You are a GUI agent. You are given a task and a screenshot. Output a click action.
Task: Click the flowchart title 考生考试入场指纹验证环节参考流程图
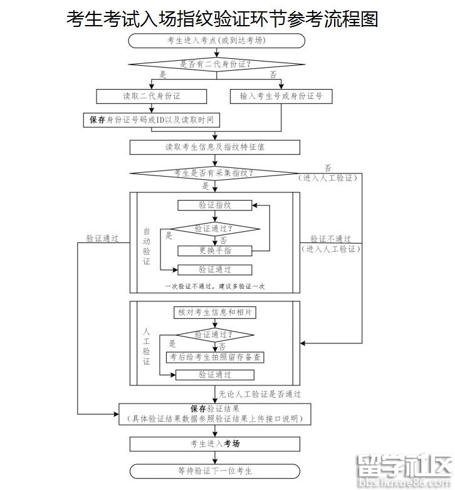(222, 19)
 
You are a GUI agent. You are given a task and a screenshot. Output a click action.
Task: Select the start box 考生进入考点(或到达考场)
(216, 41)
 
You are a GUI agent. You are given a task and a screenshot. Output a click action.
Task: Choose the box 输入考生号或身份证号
(281, 96)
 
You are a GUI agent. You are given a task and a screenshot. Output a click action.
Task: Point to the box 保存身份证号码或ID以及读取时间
(152, 120)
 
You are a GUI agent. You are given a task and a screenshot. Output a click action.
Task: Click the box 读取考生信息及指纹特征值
(215, 147)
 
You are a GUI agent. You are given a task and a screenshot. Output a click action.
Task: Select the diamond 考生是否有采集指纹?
(214, 173)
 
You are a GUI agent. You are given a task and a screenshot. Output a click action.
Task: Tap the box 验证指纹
(215, 205)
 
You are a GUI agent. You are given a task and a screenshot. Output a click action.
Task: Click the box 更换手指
(215, 251)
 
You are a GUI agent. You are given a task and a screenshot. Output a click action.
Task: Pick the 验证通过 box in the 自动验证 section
(215, 270)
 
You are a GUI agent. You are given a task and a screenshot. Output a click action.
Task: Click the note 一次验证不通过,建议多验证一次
(215, 286)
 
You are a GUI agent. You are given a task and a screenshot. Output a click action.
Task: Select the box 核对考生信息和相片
(215, 312)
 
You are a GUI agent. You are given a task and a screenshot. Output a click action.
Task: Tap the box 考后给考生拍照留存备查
(215, 357)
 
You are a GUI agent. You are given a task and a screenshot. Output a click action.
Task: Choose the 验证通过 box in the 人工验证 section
(215, 375)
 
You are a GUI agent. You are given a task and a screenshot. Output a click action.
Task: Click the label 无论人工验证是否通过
(260, 395)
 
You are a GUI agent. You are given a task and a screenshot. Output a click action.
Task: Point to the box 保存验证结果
(215, 414)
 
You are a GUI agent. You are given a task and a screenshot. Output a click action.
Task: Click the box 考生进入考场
(215, 444)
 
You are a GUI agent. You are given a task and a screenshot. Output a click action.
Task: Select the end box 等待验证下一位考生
(215, 471)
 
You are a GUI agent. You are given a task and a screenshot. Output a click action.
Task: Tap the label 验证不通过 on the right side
(330, 239)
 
